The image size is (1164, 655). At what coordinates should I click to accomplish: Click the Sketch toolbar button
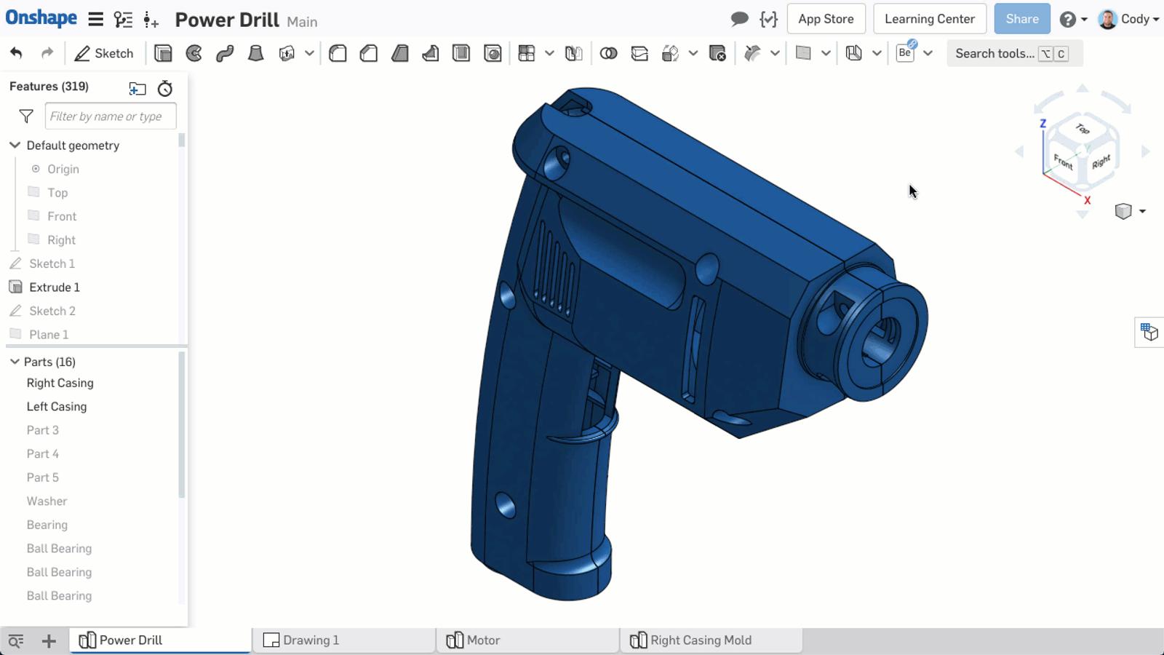pos(104,53)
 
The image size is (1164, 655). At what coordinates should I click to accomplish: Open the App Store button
pos(826,19)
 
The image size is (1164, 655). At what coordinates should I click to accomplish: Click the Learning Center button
pos(929,19)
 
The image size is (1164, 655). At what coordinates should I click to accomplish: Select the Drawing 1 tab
pos(311,640)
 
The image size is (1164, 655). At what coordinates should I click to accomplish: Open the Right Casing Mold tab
pos(700,640)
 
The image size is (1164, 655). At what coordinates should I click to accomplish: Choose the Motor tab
pos(482,640)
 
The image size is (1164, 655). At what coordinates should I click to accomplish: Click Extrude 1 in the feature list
pos(55,287)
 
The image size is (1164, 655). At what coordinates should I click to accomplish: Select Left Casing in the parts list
pos(57,407)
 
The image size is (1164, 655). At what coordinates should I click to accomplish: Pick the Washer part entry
pos(47,501)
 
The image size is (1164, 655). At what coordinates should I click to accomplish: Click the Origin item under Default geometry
pos(63,169)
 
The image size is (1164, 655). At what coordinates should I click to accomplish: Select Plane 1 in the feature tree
pos(49,335)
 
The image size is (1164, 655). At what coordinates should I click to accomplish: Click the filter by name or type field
pos(110,116)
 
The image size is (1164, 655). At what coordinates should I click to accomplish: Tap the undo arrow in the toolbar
pos(16,53)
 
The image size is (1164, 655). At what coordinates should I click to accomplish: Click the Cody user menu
pos(1128,19)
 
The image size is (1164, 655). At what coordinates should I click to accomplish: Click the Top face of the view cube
pos(1083,129)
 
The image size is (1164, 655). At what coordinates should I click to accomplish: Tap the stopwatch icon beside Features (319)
pos(165,89)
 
